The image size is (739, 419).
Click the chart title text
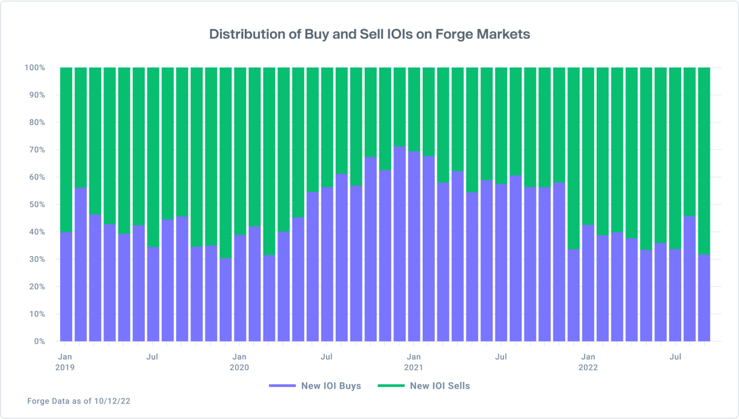point(370,34)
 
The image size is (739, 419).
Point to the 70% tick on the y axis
point(36,150)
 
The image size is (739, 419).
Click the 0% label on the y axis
point(38,341)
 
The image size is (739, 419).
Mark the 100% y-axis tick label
point(34,67)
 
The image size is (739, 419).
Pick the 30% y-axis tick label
point(36,259)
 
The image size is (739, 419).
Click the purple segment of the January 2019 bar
point(66,286)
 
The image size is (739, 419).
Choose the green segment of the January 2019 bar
point(66,149)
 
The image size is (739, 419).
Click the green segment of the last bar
point(704,160)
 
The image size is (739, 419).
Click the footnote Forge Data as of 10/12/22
point(79,401)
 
